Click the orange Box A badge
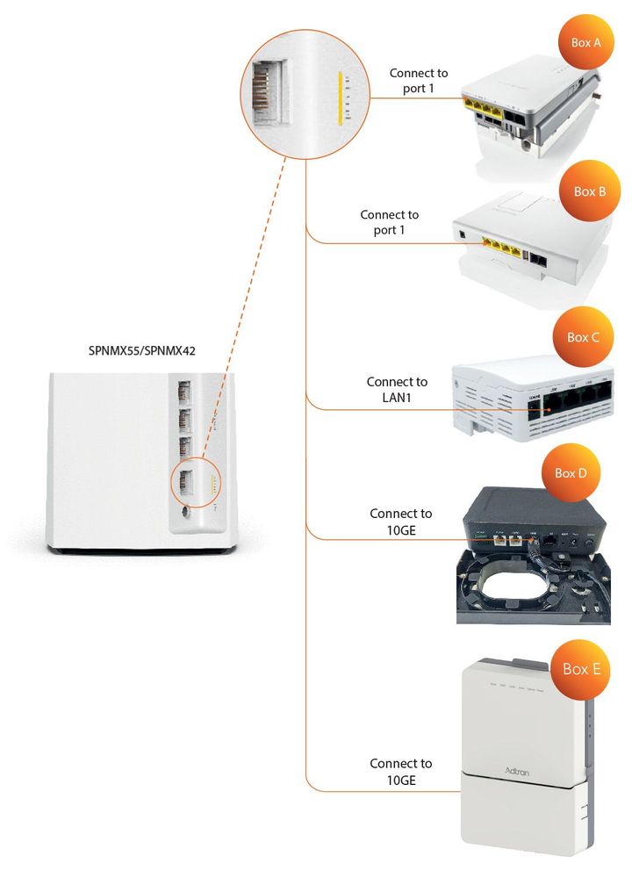[x=585, y=41]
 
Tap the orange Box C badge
[x=582, y=336]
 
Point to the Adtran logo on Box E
[x=516, y=769]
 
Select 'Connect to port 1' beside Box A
[x=419, y=81]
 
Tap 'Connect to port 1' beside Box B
[x=390, y=221]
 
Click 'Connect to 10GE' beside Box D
[x=400, y=521]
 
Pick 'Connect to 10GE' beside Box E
[x=400, y=771]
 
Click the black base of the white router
[x=141, y=550]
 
